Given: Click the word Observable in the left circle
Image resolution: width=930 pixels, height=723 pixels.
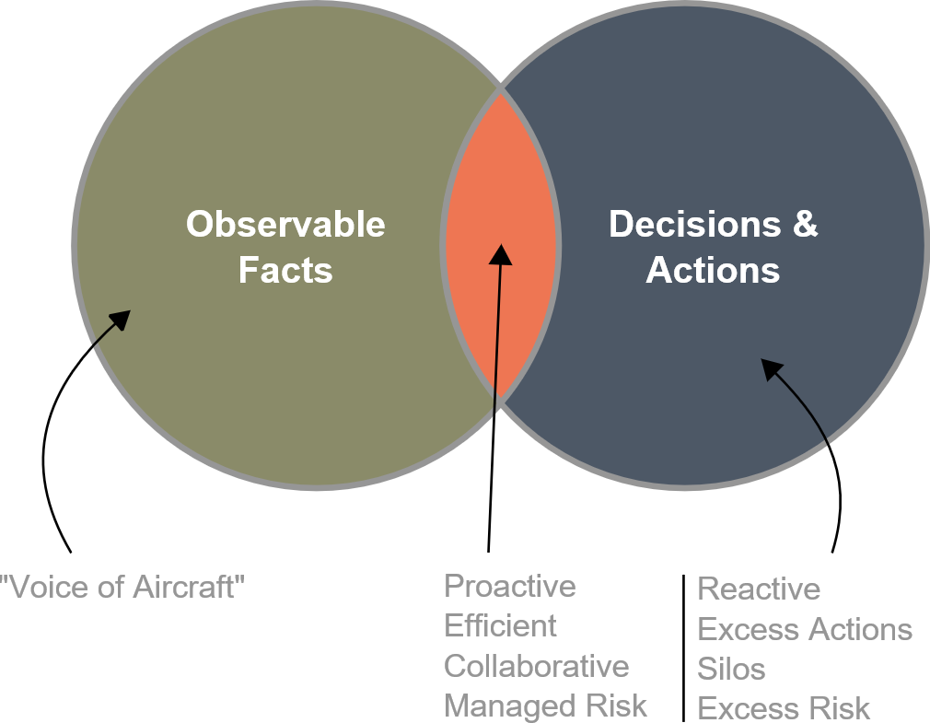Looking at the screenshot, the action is pyautogui.click(x=285, y=224).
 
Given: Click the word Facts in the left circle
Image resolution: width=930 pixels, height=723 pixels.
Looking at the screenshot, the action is pyautogui.click(x=285, y=270).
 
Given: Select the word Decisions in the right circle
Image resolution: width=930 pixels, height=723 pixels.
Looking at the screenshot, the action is pyautogui.click(x=694, y=224).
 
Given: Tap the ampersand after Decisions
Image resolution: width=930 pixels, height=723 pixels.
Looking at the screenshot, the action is pyautogui.click(x=805, y=224).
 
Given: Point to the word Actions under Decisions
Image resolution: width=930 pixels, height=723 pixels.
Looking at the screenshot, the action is pyautogui.click(x=713, y=270).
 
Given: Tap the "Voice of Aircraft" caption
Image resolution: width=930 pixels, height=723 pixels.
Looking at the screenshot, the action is pyautogui.click(x=122, y=588).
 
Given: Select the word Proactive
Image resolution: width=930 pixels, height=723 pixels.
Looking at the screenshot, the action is pyautogui.click(x=510, y=587).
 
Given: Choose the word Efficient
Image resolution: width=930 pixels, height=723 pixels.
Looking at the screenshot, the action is pyautogui.click(x=500, y=625).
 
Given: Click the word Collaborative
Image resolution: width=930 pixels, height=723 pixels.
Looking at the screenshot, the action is pyautogui.click(x=536, y=666).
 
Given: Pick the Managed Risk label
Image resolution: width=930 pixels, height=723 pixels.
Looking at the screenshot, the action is pyautogui.click(x=545, y=706).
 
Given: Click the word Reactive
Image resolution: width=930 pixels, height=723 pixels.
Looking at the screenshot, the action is pyautogui.click(x=759, y=589).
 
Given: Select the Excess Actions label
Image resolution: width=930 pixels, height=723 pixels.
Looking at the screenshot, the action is pyautogui.click(x=804, y=629).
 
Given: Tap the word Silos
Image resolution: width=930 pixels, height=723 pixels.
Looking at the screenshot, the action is pyautogui.click(x=731, y=669).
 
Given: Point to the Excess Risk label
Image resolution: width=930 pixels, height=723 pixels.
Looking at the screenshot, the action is pyautogui.click(x=783, y=707).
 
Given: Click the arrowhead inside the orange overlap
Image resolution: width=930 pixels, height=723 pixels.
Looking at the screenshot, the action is pyautogui.click(x=501, y=254).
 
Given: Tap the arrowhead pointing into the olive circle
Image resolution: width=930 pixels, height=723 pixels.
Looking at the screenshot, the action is pyautogui.click(x=121, y=321).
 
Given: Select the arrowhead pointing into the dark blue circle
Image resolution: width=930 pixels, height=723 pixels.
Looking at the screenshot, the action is pyautogui.click(x=771, y=369).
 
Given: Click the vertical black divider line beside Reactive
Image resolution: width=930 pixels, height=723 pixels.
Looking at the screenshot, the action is pyautogui.click(x=684, y=648).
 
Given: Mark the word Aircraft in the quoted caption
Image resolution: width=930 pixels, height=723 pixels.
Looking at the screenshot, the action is pyautogui.click(x=189, y=588).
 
